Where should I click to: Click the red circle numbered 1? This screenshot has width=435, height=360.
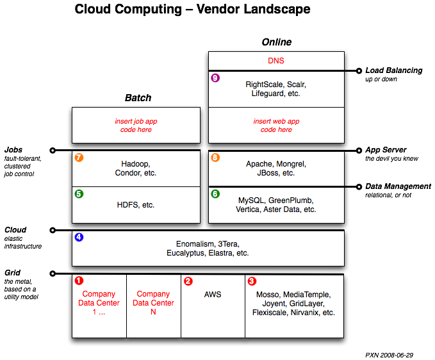click(x=79, y=281)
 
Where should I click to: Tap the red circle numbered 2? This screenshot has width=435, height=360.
click(x=188, y=281)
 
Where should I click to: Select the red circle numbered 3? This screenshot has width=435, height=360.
click(x=252, y=281)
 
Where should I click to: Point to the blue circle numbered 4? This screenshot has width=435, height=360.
click(x=79, y=237)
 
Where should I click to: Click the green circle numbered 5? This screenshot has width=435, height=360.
click(x=79, y=193)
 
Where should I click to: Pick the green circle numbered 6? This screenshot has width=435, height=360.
click(x=215, y=193)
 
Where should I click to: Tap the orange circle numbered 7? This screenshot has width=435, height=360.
click(x=79, y=157)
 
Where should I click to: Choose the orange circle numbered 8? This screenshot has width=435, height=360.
click(x=215, y=157)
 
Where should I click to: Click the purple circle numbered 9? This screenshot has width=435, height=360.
click(x=215, y=78)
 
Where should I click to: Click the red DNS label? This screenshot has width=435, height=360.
click(x=276, y=61)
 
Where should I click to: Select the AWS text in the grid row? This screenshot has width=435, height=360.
click(x=213, y=295)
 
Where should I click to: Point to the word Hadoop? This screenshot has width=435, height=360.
click(x=135, y=164)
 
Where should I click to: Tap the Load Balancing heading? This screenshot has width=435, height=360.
click(x=393, y=70)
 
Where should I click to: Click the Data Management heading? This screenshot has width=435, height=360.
click(x=398, y=186)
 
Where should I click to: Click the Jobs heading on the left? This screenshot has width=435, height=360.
click(x=13, y=150)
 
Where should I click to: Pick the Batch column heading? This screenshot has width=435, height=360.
click(x=138, y=98)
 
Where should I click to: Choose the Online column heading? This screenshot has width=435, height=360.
click(x=276, y=42)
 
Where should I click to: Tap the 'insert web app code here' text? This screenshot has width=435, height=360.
click(x=276, y=125)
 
